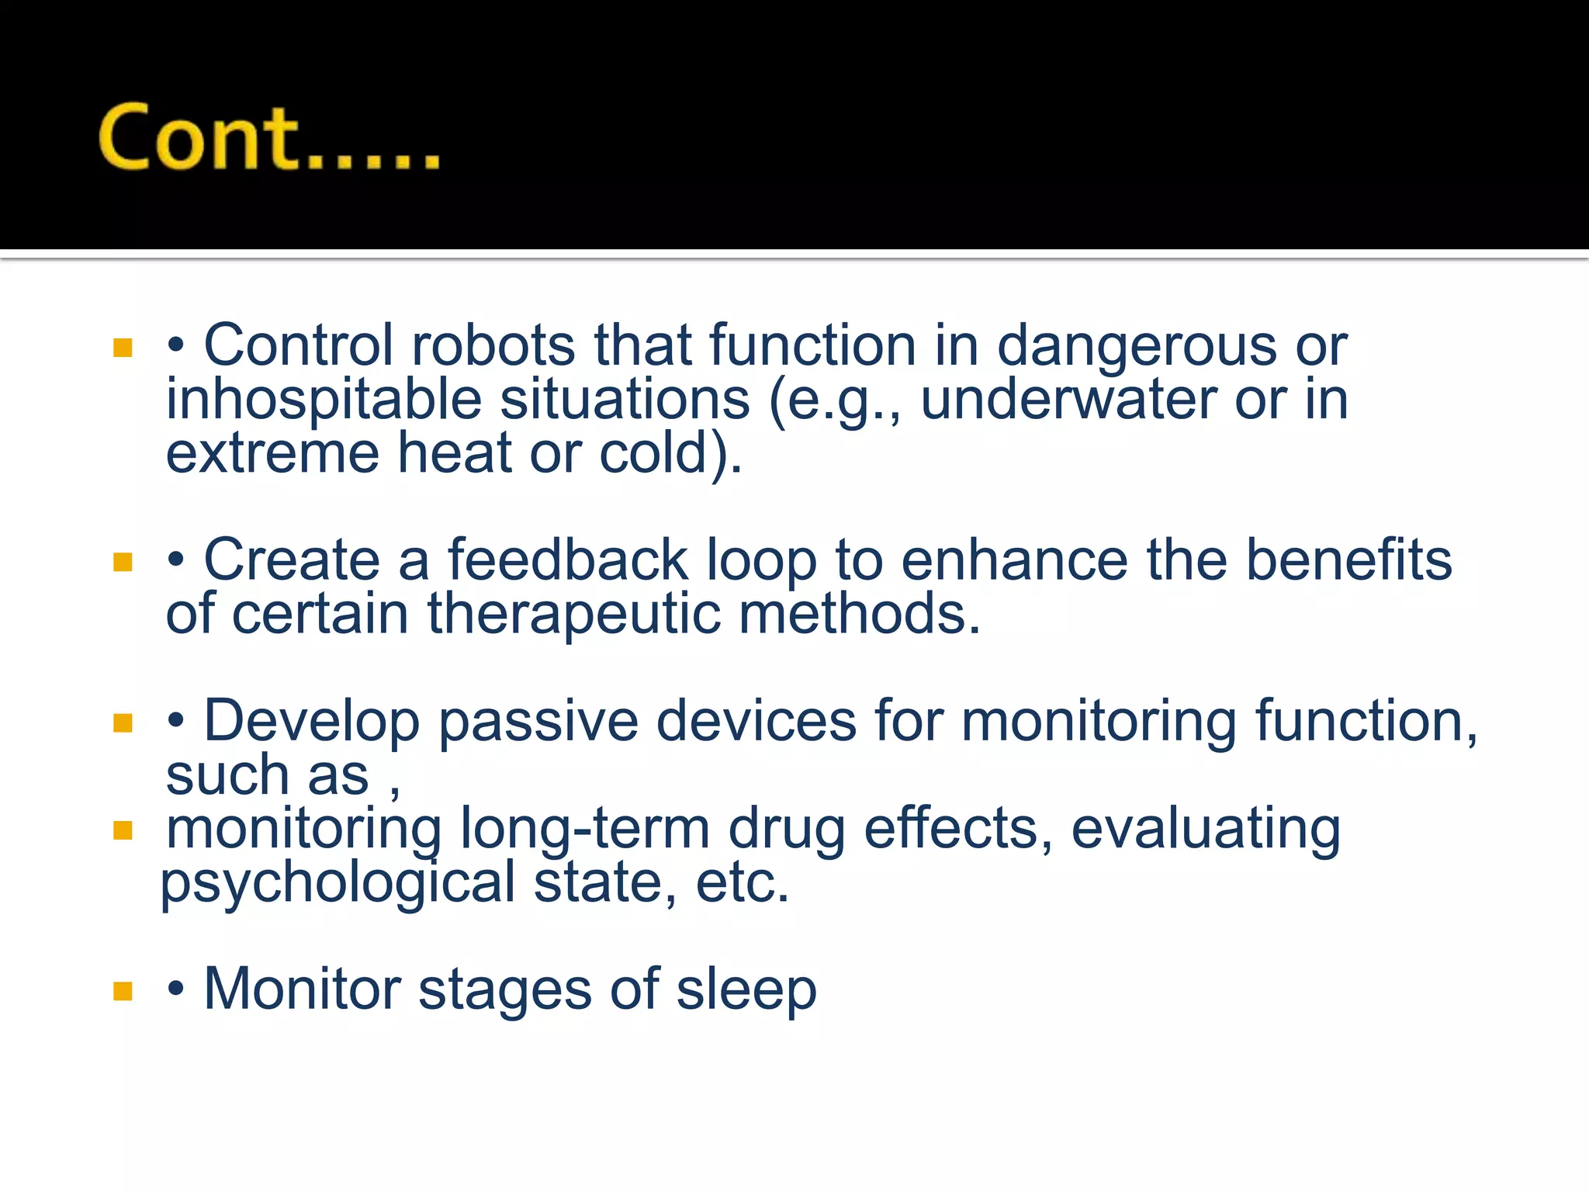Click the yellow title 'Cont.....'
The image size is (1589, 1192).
coord(268,138)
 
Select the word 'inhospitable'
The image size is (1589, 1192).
coord(324,401)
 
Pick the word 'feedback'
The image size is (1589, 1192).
coord(568,560)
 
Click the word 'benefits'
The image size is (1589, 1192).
coord(1348,560)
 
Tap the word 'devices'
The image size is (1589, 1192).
coord(756,722)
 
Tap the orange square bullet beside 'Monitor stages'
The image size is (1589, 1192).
coord(123,991)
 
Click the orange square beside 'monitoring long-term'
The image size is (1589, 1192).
coord(123,831)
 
